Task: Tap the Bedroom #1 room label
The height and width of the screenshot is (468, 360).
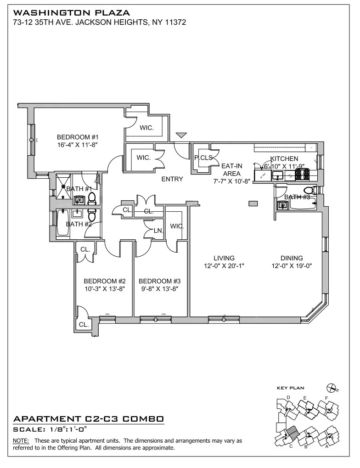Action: click(x=78, y=137)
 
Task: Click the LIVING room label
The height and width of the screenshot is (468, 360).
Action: click(x=224, y=258)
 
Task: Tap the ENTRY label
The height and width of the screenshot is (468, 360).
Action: click(x=172, y=179)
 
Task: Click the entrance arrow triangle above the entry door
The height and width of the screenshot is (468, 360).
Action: click(x=182, y=135)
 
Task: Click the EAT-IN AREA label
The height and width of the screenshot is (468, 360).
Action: click(x=229, y=174)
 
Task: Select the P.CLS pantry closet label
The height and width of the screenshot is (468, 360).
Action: click(x=203, y=158)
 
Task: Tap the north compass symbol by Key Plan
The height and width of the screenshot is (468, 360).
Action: click(x=329, y=388)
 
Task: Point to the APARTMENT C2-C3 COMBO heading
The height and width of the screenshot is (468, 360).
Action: click(x=89, y=419)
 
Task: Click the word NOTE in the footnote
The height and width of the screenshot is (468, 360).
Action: click(x=20, y=440)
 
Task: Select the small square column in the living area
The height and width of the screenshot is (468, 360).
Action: click(x=252, y=203)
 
